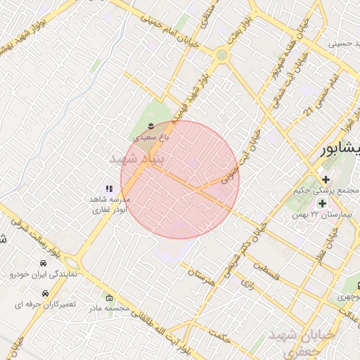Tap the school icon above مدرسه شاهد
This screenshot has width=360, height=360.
(108, 188)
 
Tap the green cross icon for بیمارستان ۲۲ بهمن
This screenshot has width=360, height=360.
(322, 203)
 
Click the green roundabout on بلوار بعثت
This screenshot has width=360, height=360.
(222, 53)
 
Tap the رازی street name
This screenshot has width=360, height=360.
(247, 284)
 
